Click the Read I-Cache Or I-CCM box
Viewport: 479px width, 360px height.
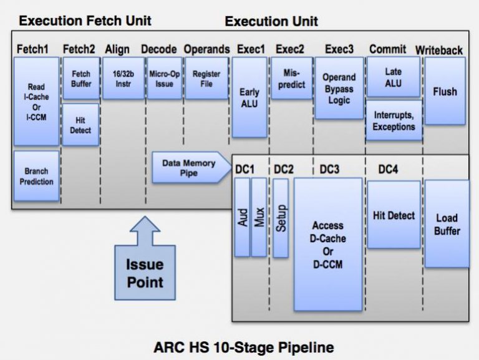[x=36, y=101]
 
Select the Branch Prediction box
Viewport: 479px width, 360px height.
[x=36, y=176]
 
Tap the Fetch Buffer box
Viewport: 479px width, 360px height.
[x=81, y=78]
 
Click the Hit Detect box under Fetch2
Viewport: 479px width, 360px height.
[x=80, y=125]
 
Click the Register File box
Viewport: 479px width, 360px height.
[x=206, y=78]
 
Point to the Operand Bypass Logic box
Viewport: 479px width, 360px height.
[x=339, y=88]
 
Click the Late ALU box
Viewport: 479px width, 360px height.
[x=393, y=77]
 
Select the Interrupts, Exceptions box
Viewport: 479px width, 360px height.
[x=394, y=120]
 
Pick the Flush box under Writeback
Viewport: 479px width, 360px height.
[x=445, y=91]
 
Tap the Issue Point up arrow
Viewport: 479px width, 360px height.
[x=145, y=259]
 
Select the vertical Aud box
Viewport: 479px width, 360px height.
[x=241, y=216]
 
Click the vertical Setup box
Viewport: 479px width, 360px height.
[x=281, y=218]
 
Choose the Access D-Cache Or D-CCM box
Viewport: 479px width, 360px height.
[x=328, y=243]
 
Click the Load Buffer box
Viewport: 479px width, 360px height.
[x=447, y=224]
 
